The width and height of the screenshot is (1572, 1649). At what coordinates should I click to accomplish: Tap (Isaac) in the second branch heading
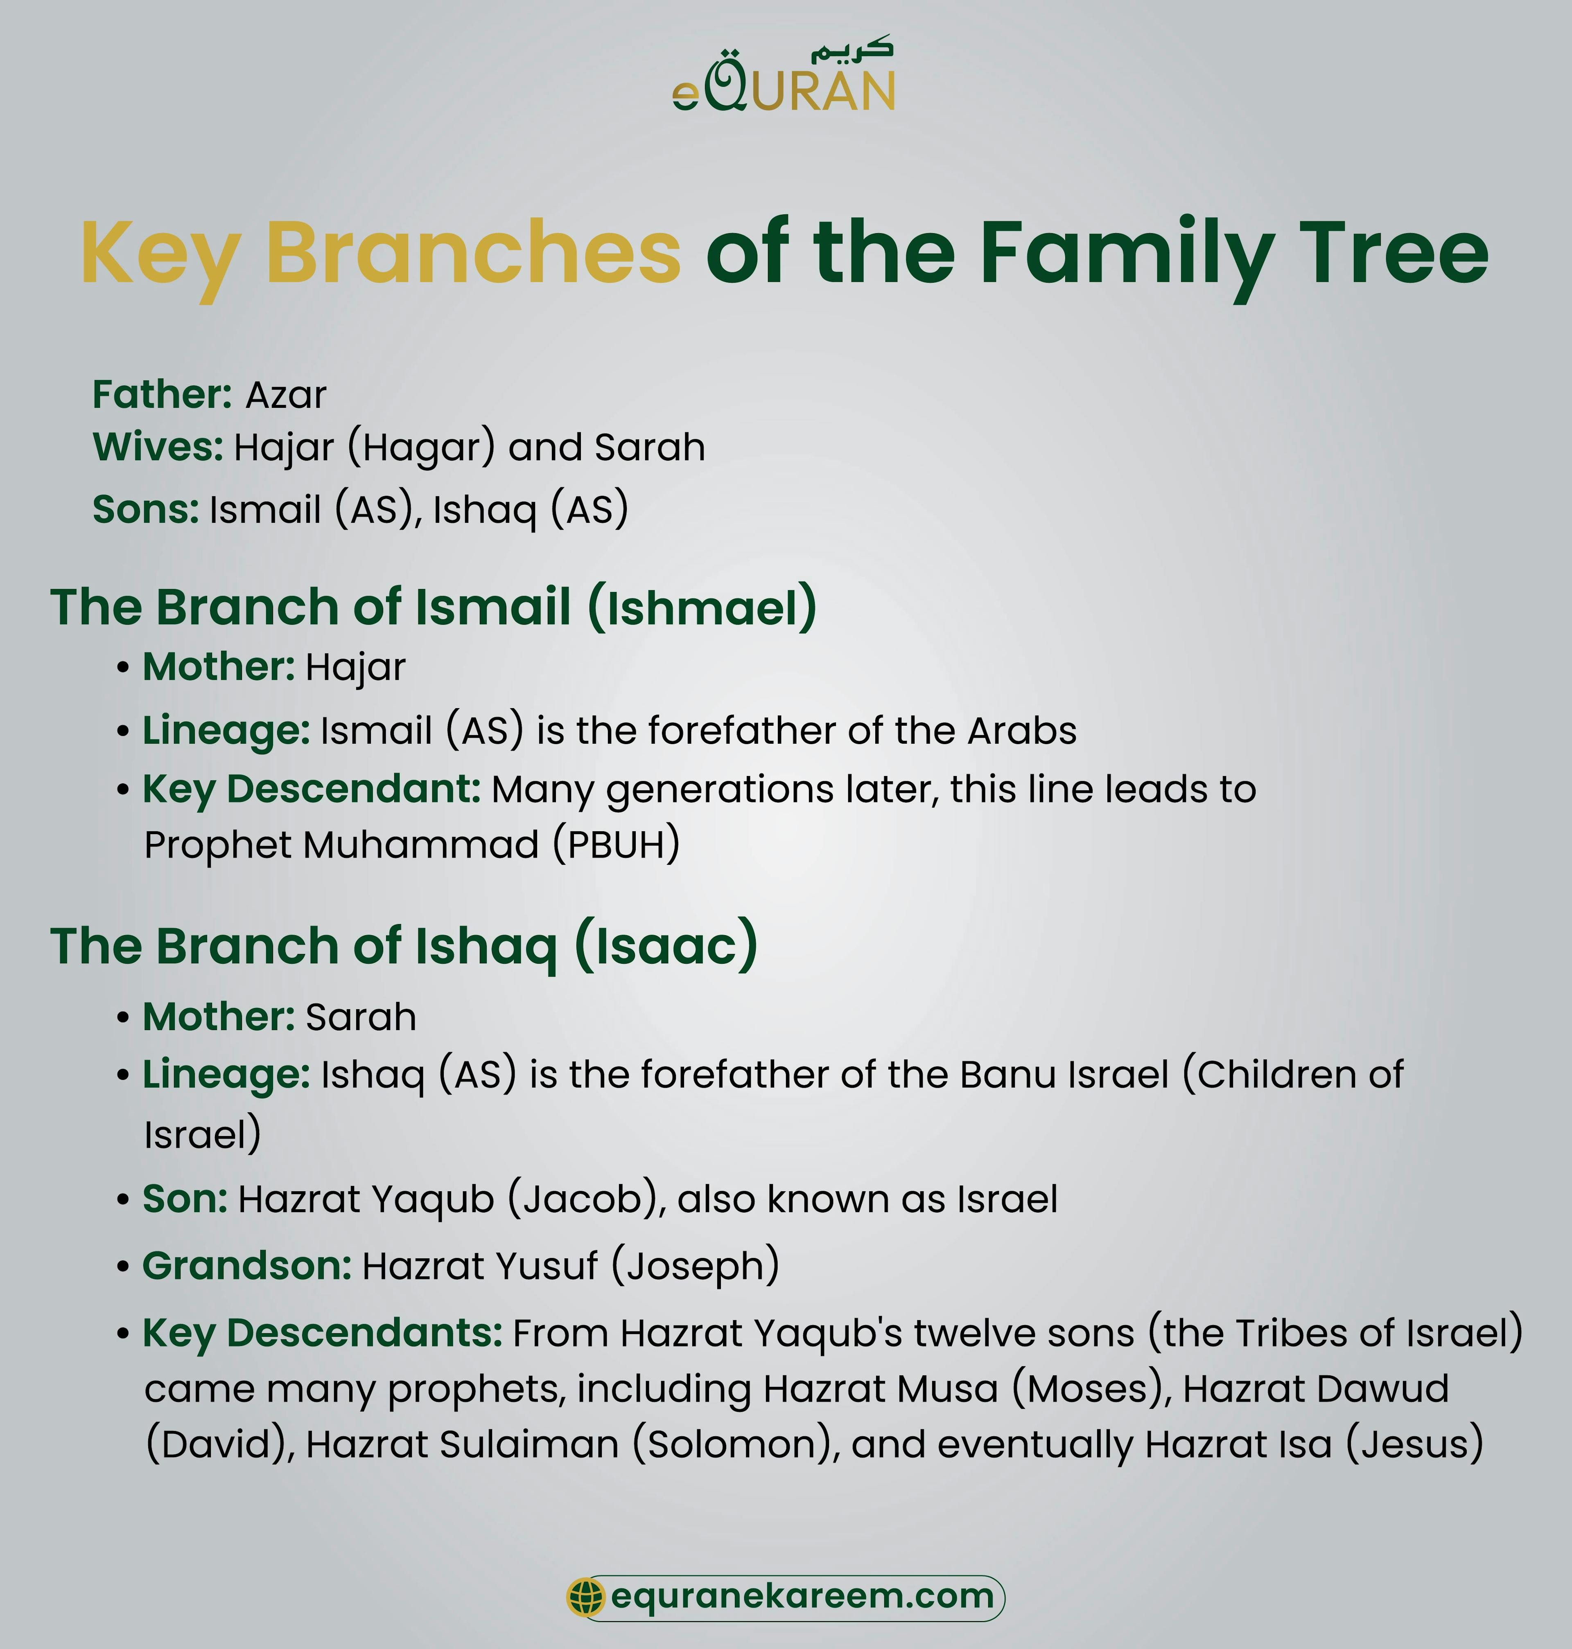click(x=666, y=946)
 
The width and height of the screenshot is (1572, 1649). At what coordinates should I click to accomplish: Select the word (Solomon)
click(x=736, y=1444)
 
